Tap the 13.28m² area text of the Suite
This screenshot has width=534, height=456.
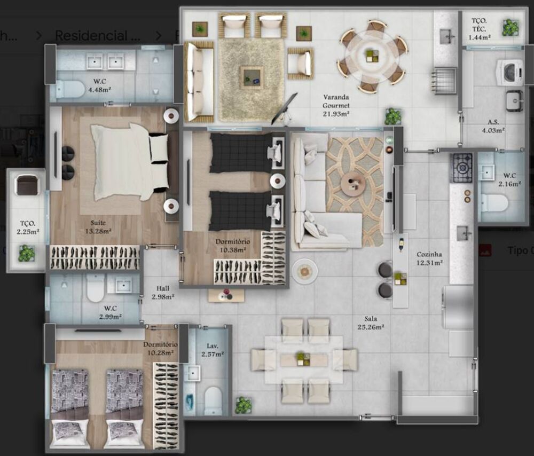click(x=98, y=231)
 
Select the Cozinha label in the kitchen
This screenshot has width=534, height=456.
click(x=429, y=255)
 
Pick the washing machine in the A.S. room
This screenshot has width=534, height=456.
click(x=509, y=72)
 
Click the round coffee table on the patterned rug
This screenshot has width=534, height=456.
click(x=353, y=184)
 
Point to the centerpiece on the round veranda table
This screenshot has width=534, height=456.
click(x=372, y=53)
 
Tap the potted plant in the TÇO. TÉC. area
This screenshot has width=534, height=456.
click(x=509, y=28)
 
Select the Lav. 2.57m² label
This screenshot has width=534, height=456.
click(x=213, y=349)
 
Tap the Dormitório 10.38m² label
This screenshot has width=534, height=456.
click(x=231, y=246)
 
